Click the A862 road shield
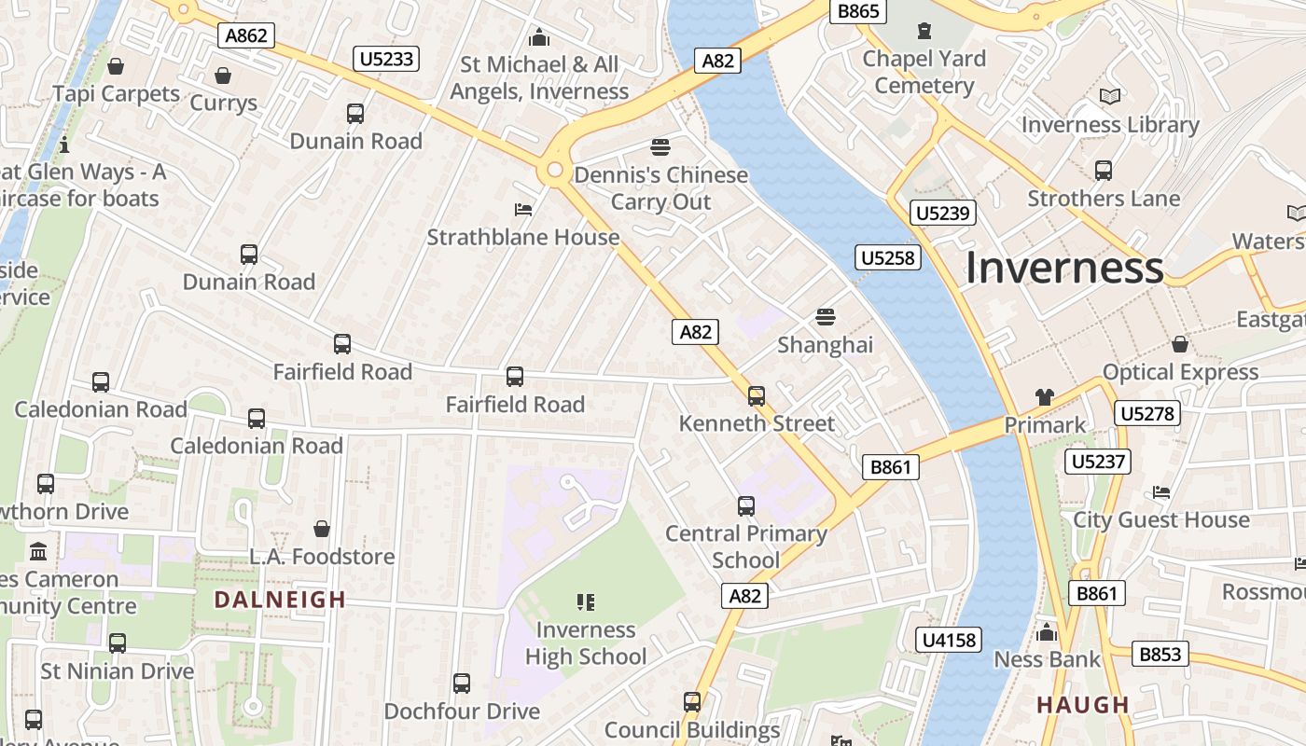247,36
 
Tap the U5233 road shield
386,60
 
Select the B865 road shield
858,11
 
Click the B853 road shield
1160,654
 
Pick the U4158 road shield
950,640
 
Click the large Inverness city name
1063,268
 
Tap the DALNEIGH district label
280,600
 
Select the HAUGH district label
1083,705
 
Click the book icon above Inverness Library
1109,96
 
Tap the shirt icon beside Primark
1044,397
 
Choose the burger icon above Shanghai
826,317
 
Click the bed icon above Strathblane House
523,209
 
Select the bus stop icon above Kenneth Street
757,395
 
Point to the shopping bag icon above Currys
223,76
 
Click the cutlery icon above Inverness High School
586,602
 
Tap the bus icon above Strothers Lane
1104,171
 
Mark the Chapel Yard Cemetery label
924,72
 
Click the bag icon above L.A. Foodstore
322,529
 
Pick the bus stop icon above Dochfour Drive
462,683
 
